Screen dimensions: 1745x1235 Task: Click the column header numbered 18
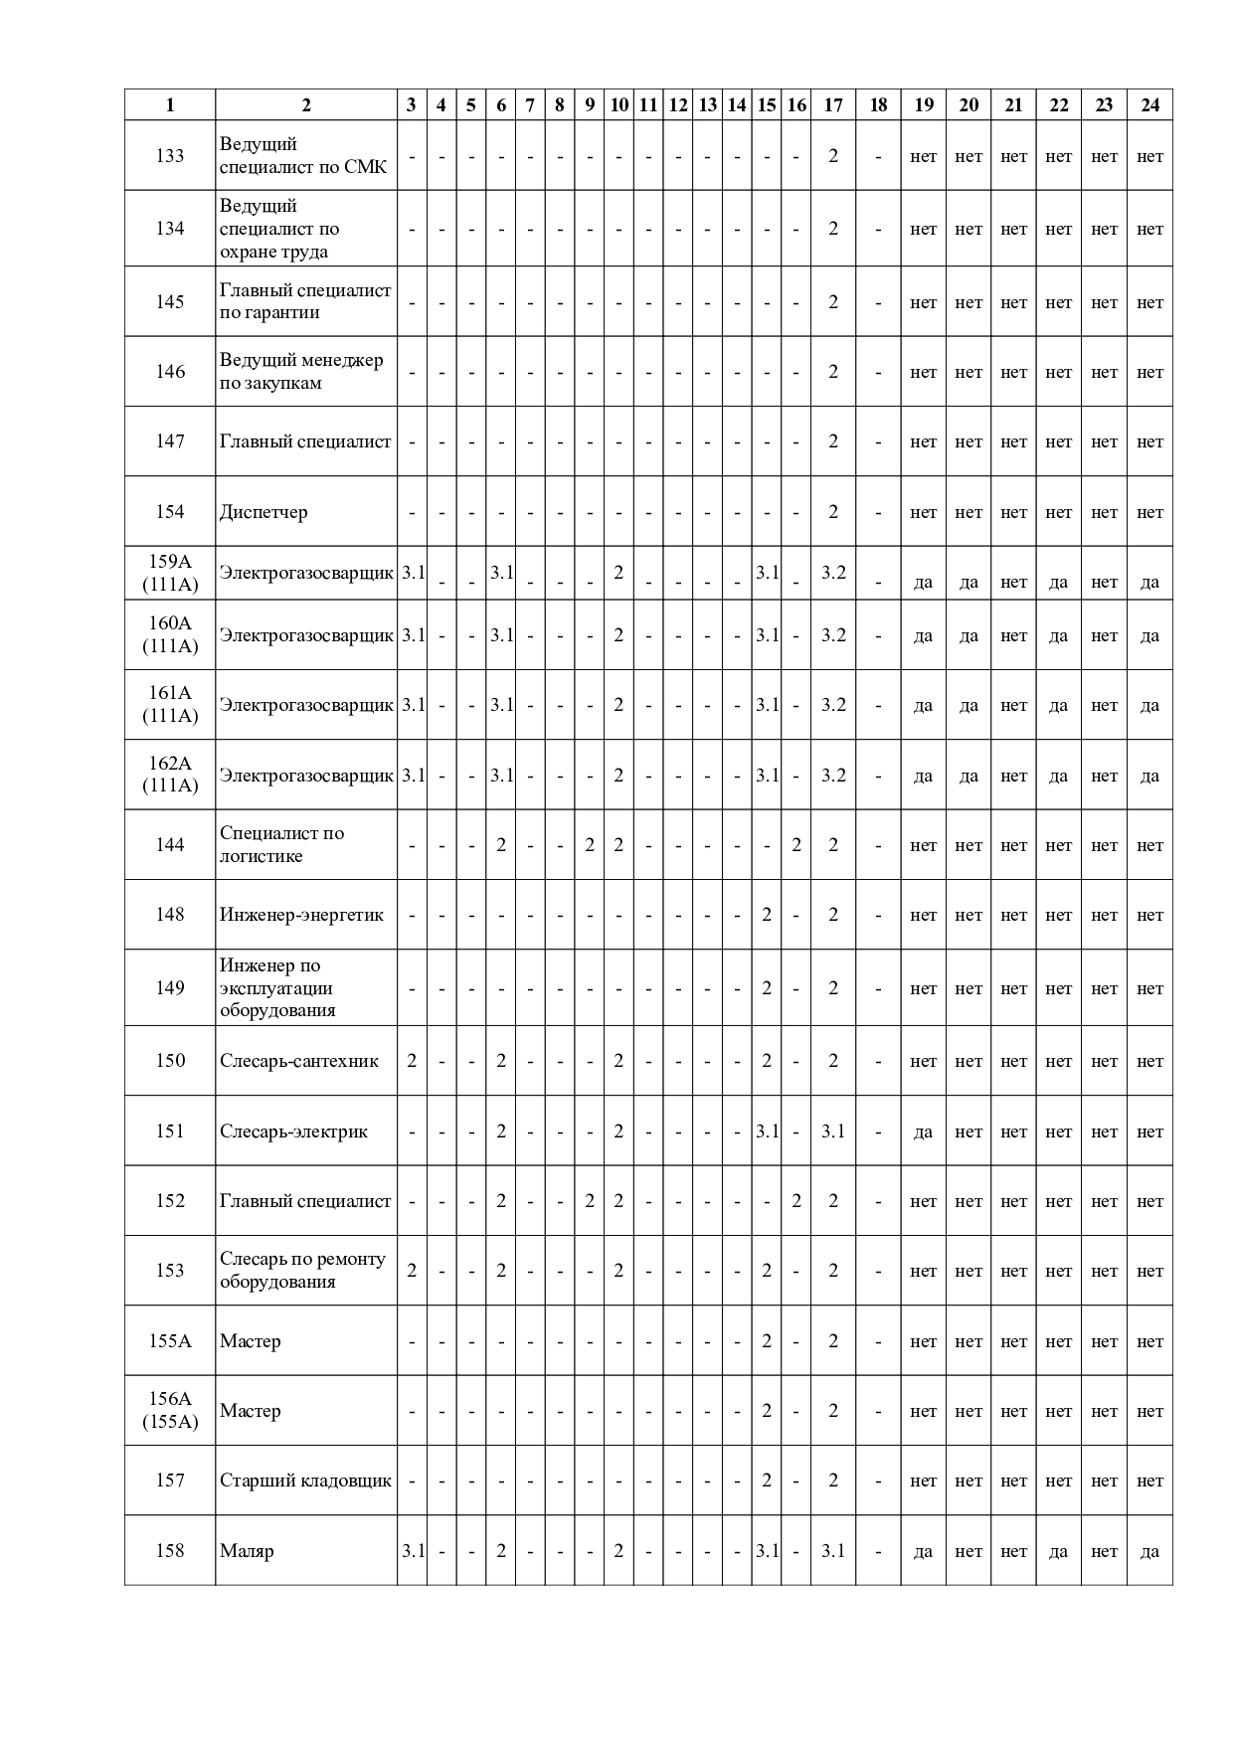(878, 105)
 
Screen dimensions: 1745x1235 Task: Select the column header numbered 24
(1149, 105)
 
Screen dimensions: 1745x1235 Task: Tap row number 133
(170, 155)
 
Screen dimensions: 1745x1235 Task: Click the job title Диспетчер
(264, 512)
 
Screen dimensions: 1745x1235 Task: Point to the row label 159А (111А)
(170, 573)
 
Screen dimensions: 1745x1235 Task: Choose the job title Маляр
(247, 1550)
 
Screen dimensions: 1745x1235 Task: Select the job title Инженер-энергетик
(301, 915)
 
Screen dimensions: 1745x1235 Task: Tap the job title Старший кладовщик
(305, 1481)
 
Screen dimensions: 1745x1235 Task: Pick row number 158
(170, 1550)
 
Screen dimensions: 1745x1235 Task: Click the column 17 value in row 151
(833, 1132)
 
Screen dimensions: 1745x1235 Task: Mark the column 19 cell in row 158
(923, 1551)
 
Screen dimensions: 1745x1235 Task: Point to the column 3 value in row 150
(412, 1061)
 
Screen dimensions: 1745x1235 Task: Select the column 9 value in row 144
(590, 845)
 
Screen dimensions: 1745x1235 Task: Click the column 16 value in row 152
(796, 1201)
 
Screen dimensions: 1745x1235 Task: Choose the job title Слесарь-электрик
(293, 1132)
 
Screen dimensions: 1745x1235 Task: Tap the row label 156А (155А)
(170, 1410)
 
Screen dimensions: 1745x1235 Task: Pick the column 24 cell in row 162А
(1149, 776)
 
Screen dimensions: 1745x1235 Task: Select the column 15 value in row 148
(767, 915)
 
